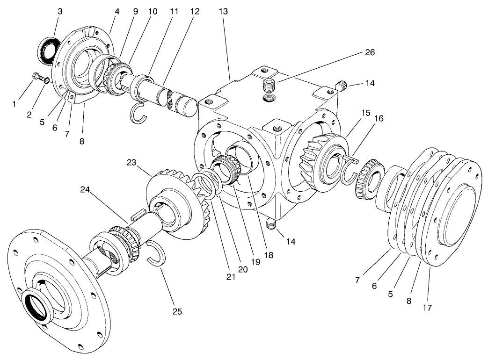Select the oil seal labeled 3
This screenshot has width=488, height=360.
(47, 48)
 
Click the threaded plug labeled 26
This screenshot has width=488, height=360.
(270, 85)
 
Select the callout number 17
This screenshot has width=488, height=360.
(427, 308)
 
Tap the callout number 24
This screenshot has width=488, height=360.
(84, 190)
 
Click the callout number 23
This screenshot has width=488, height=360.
(131, 163)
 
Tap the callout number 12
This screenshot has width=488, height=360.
(195, 12)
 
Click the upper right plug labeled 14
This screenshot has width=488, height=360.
(342, 86)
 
